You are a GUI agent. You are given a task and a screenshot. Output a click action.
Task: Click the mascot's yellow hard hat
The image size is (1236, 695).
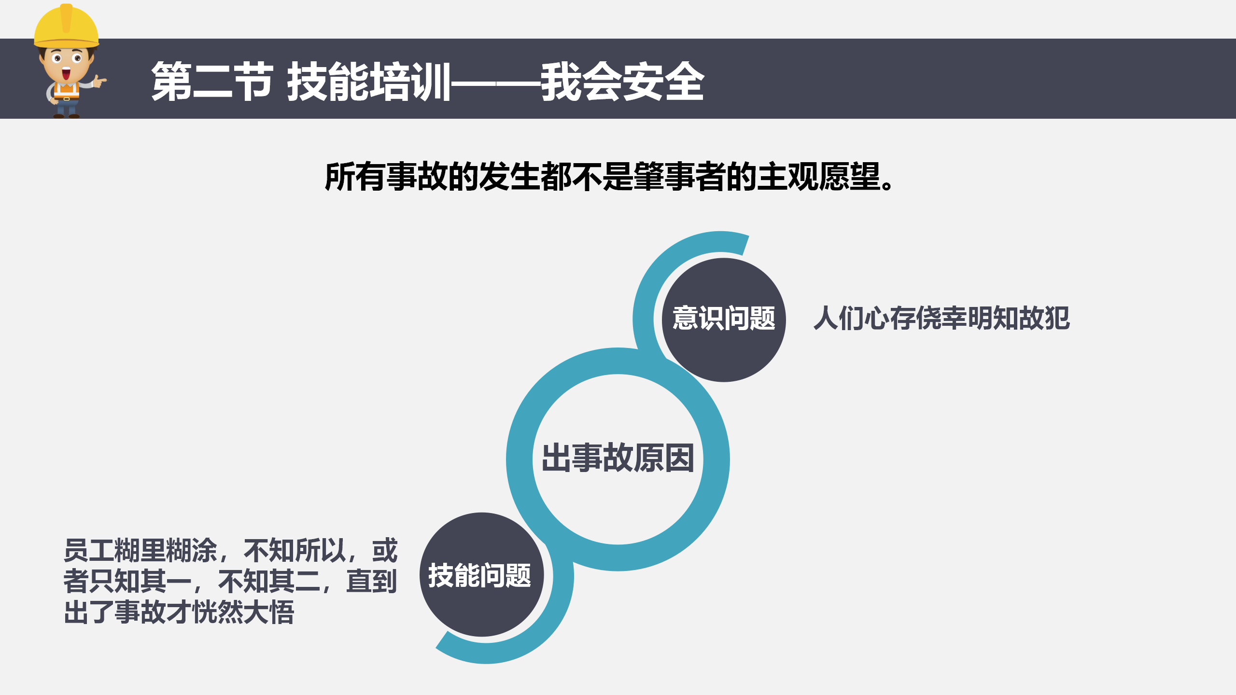67,26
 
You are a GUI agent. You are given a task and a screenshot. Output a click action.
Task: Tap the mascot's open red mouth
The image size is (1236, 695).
66,74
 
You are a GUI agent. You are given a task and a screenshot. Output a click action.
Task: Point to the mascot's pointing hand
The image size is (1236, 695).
100,81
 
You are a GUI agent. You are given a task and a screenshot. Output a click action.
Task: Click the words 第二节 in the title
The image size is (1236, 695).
212,81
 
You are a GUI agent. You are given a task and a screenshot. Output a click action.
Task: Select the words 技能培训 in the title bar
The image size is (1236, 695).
369,81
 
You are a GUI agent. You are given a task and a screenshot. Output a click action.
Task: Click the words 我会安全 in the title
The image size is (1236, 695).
622,81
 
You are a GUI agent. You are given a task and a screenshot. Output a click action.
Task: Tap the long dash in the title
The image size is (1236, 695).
496,83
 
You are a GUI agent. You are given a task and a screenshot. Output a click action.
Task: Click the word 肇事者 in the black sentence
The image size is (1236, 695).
679,177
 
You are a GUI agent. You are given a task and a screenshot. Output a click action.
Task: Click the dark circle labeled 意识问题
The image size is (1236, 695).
724,320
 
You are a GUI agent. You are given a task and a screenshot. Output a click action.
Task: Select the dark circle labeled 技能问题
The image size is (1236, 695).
481,574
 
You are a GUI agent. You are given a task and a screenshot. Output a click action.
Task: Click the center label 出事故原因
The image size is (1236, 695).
618,458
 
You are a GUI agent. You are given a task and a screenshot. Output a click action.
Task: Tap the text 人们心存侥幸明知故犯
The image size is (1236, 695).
941,318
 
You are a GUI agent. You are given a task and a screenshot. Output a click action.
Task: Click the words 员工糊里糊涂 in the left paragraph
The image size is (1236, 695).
140,550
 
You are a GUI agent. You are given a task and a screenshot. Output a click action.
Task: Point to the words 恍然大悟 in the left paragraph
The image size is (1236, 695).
243,612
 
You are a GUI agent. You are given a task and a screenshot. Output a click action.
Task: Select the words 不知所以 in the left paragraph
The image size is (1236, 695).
295,550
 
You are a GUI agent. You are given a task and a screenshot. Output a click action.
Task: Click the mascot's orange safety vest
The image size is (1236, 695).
67,92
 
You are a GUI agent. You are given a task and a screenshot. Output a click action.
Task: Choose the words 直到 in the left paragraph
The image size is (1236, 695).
371,581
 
